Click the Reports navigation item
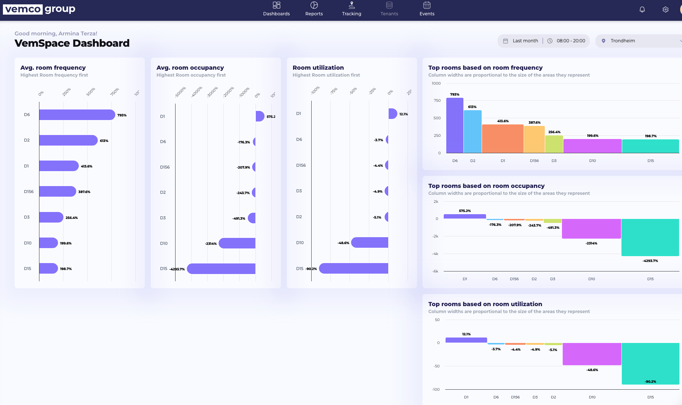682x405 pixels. [x=314, y=9]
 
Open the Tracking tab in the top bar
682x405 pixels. [x=351, y=9]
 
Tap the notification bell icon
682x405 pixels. [x=642, y=10]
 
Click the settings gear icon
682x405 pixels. [x=666, y=10]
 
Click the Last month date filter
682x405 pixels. [x=522, y=41]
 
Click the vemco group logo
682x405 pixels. [x=39, y=9]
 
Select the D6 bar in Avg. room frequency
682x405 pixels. [x=77, y=115]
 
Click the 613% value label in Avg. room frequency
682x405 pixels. [x=104, y=141]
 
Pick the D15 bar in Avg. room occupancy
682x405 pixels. [x=221, y=269]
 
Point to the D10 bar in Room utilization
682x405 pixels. [x=369, y=243]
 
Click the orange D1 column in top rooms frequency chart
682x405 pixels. [x=502, y=139]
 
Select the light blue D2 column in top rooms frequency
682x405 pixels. [x=473, y=131]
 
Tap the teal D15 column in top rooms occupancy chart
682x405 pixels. [x=650, y=237]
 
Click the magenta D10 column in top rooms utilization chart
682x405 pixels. [x=592, y=354]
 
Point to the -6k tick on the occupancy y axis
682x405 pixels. [x=435, y=271]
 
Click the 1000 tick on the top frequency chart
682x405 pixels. [x=436, y=84]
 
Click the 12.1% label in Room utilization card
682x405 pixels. [x=404, y=114]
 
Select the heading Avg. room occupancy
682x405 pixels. [x=190, y=68]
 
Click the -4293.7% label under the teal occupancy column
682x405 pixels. [x=650, y=261]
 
